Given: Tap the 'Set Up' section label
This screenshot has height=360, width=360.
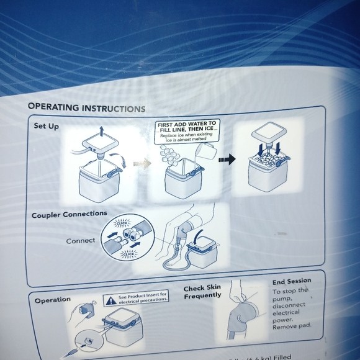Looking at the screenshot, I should [x=47, y=126].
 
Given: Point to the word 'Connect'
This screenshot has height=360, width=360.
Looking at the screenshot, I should [x=81, y=240].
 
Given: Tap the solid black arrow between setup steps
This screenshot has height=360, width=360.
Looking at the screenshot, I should [x=228, y=159].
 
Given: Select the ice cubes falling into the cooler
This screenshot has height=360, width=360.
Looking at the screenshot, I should [x=169, y=156].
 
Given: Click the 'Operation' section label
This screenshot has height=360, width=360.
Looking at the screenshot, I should [x=52, y=300].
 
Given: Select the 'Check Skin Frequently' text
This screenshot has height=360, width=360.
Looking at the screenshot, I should [x=202, y=292].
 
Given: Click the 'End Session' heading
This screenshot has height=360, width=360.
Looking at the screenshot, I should [x=292, y=281].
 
